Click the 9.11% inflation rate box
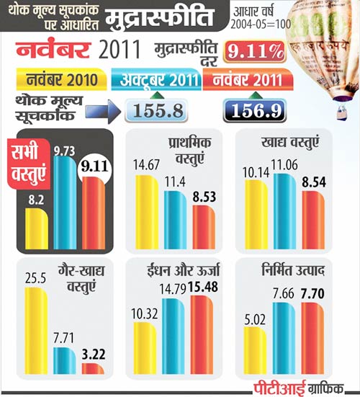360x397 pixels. [253, 53]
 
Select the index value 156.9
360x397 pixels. [256, 110]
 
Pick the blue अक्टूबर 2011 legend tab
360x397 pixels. [154, 78]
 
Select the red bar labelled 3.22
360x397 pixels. [93, 368]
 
